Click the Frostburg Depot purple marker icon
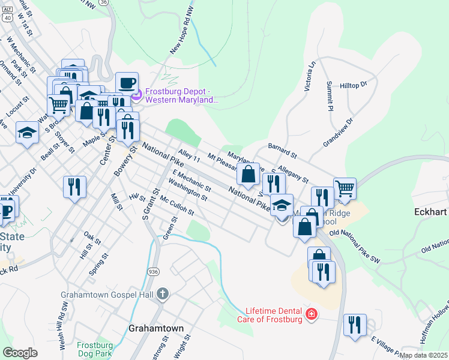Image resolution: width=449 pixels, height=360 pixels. [136, 94]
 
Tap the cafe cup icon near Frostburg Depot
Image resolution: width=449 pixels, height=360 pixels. [127, 83]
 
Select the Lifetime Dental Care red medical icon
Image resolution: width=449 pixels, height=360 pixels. [311, 314]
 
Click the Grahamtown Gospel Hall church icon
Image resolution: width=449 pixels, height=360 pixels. [163, 294]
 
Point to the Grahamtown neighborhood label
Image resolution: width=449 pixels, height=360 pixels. [156, 329]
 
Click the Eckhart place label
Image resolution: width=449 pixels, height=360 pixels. [432, 212]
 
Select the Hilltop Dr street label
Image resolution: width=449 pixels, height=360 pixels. [353, 85]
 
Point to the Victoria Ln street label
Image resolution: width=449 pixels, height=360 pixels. [310, 79]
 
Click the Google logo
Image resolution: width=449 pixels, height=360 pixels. [20, 353]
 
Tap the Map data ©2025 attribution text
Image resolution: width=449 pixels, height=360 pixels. [423, 355]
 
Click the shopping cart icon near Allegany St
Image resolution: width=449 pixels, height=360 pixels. [345, 188]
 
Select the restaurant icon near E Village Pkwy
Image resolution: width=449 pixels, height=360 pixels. [355, 325]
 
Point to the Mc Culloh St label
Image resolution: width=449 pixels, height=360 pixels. [177, 208]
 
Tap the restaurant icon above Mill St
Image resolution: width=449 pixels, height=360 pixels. [75, 187]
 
